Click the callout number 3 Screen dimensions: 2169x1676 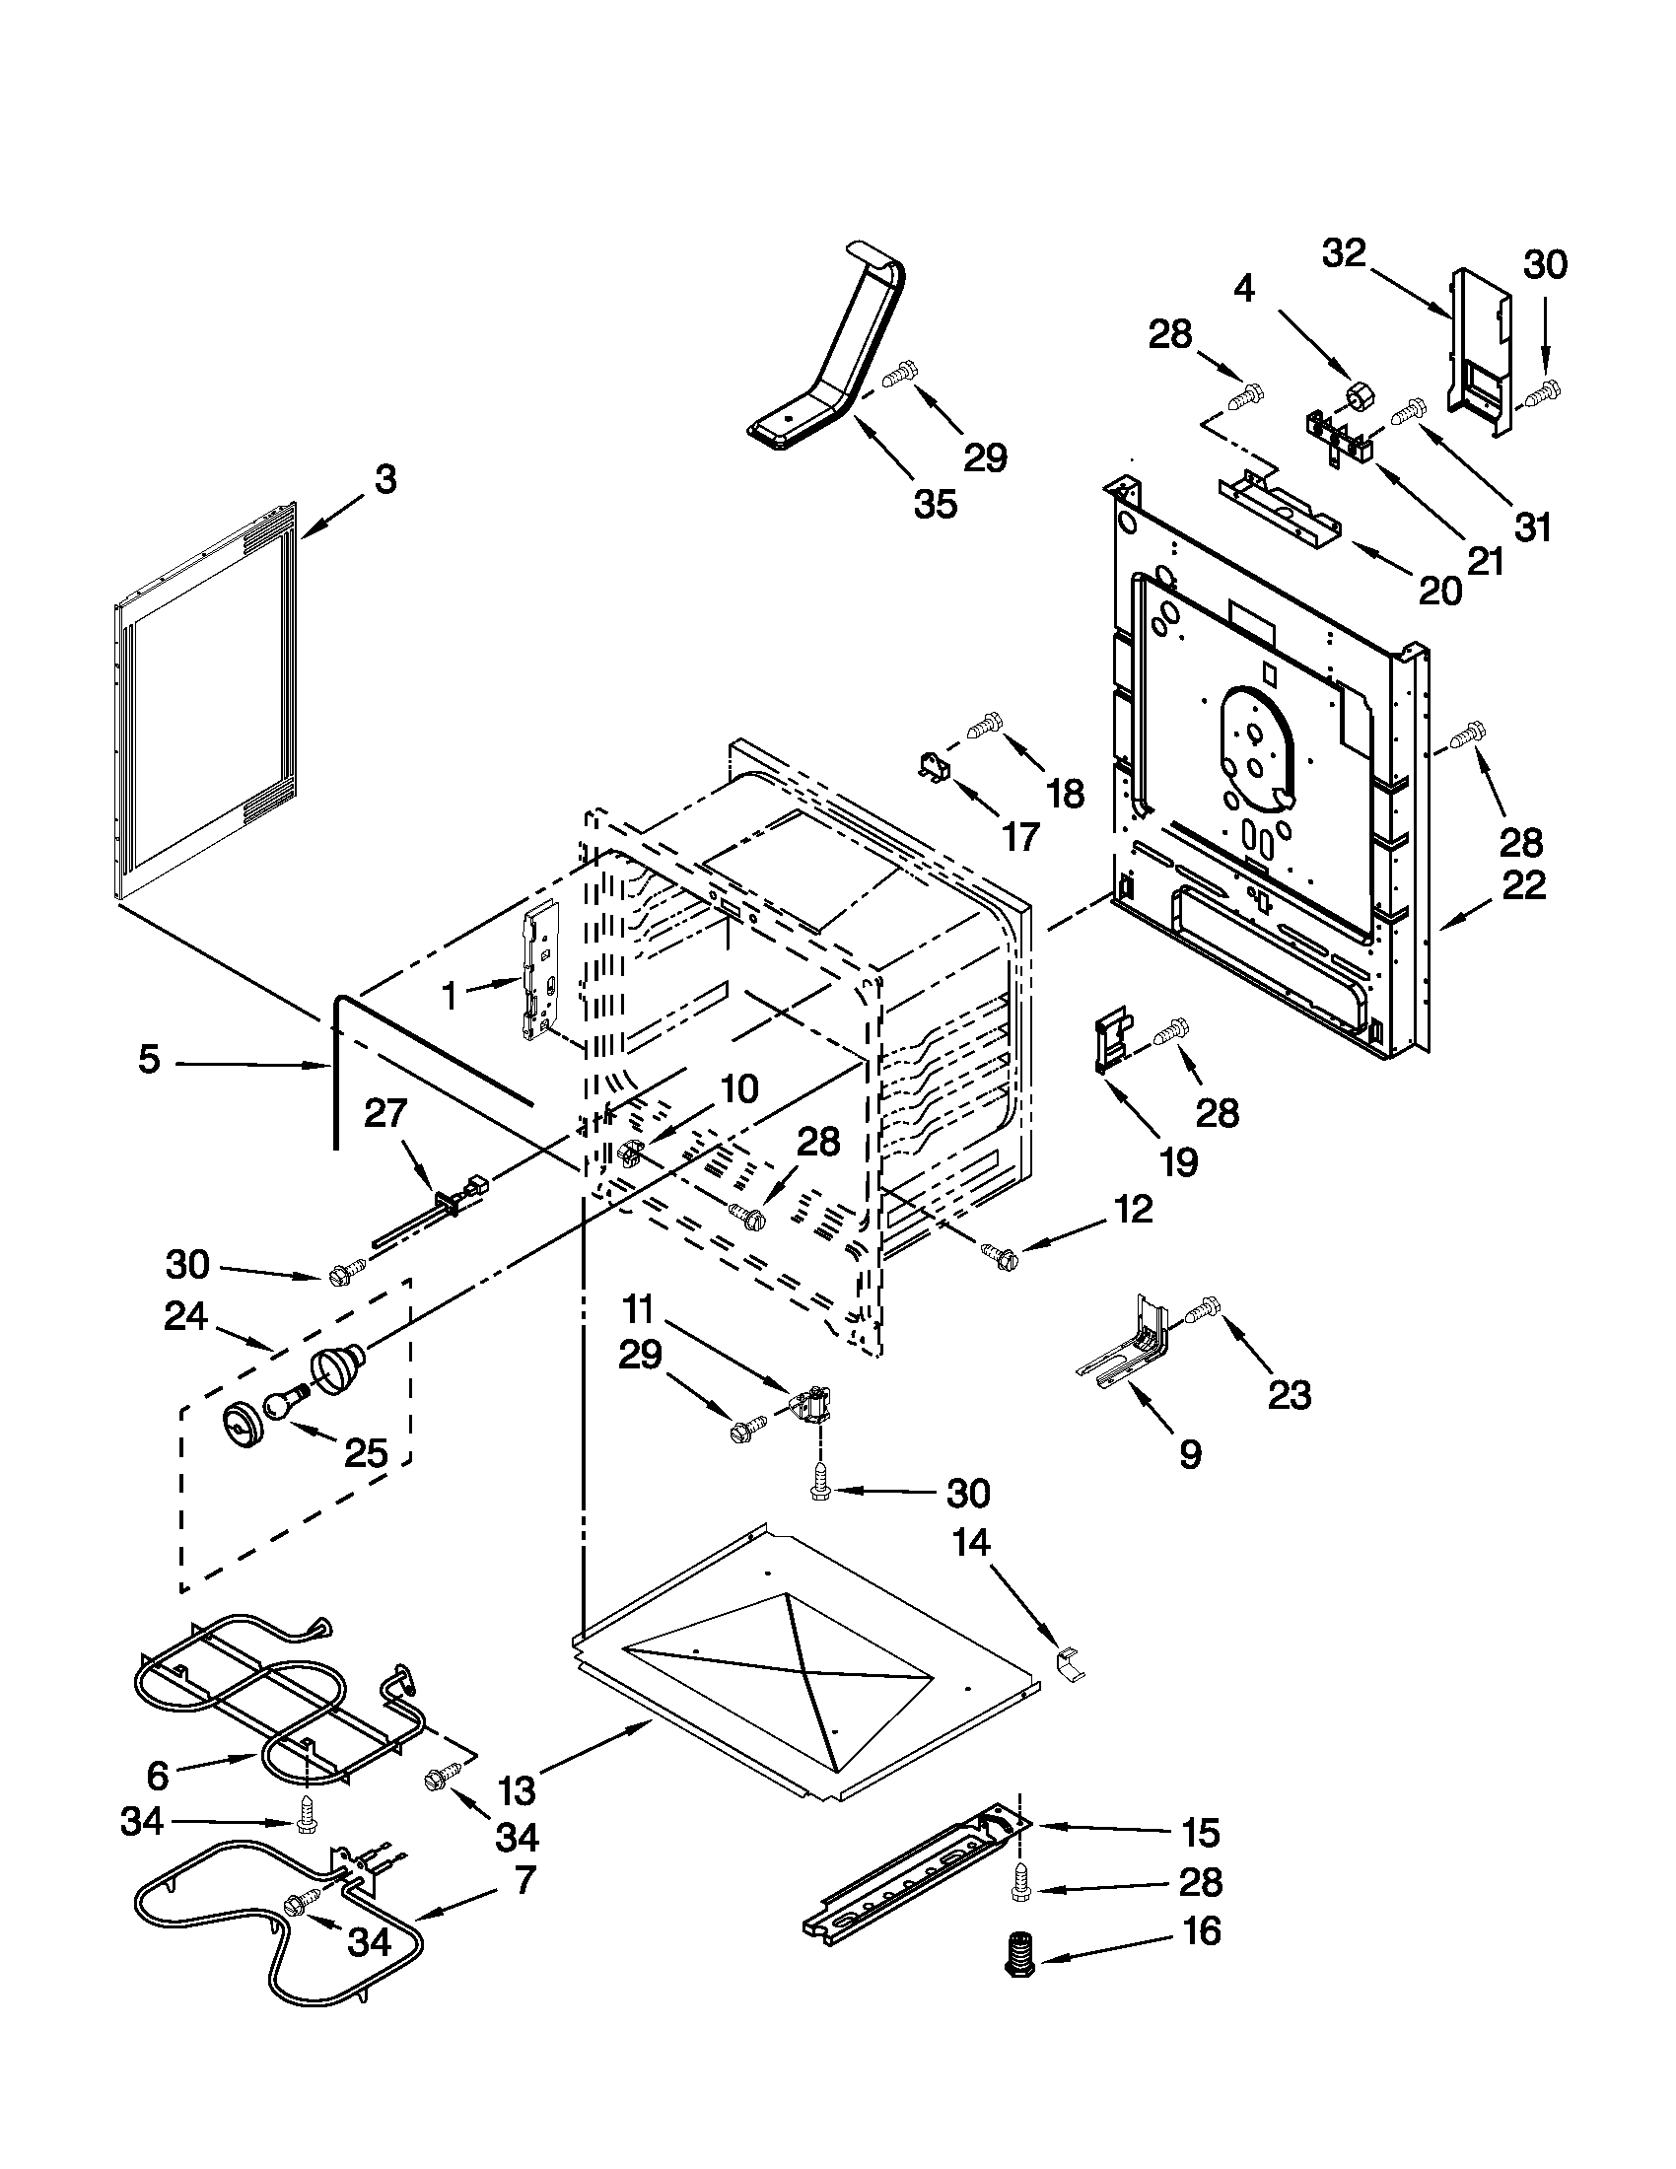pos(385,480)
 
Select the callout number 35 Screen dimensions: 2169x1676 pos(935,505)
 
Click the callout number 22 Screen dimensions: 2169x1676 pos(1523,884)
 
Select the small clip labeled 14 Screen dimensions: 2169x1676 pos(1070,1659)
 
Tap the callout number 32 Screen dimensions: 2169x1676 pos(1345,253)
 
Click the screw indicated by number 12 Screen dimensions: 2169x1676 pos(998,1255)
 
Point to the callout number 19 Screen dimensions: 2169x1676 pos(1178,1160)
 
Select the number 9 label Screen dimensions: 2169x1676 pos(1191,1454)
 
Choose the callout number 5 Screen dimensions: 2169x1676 pos(148,1061)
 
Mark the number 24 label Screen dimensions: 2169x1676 pos(186,1317)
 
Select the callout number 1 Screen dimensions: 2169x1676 pos(449,995)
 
